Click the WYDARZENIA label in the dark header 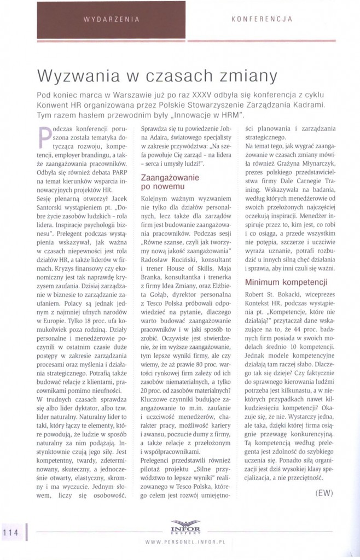pyautogui.click(x=111, y=19)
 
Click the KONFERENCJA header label pyautogui.click(x=262, y=19)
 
